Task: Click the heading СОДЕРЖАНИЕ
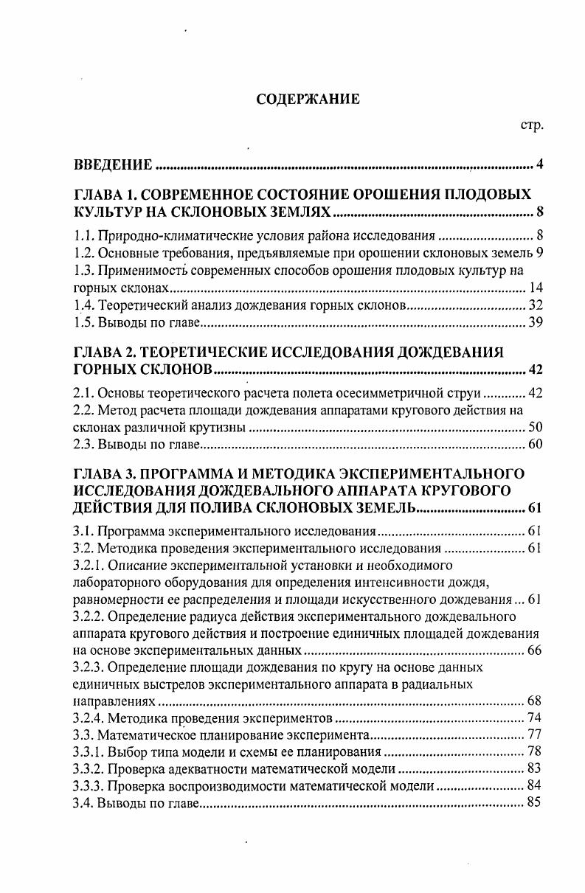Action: pyautogui.click(x=308, y=99)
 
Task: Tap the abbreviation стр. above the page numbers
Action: pyautogui.click(x=532, y=125)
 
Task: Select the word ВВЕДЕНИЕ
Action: pyautogui.click(x=114, y=164)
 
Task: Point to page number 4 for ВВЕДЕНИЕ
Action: pyautogui.click(x=540, y=164)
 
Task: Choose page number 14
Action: pyautogui.click(x=536, y=288)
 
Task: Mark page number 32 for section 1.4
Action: pyautogui.click(x=536, y=305)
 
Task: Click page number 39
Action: pyautogui.click(x=536, y=323)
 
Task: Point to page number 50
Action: pyautogui.click(x=536, y=427)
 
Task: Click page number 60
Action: pyautogui.click(x=536, y=444)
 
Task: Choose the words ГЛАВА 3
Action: pyautogui.click(x=103, y=473)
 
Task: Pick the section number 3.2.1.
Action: pyautogui.click(x=90, y=565)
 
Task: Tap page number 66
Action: pyautogui.click(x=536, y=650)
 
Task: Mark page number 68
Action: pyautogui.click(x=536, y=701)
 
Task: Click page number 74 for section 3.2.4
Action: pyautogui.click(x=536, y=718)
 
